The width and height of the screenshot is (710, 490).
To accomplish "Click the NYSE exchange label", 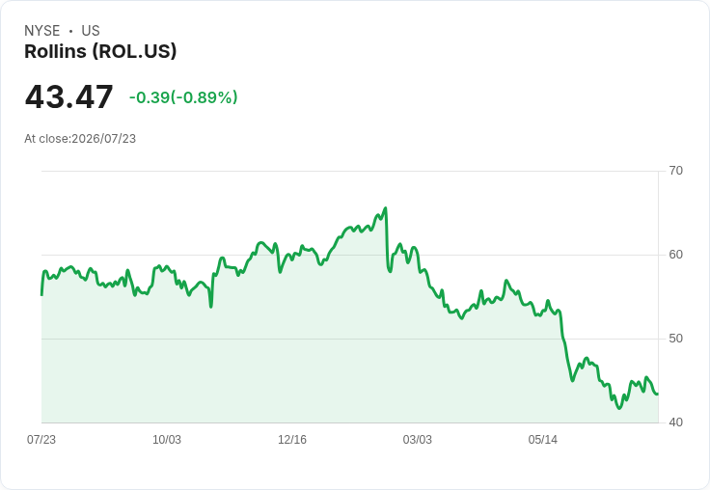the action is [x=42, y=31].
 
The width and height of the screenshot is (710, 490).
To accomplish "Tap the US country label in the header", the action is [x=91, y=31].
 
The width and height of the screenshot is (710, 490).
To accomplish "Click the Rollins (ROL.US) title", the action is [x=100, y=52].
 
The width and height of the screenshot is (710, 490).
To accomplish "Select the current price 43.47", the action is [x=68, y=96].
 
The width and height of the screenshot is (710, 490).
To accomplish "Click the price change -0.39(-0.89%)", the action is [x=183, y=97].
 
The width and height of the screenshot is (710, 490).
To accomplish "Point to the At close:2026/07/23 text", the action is [x=80, y=139].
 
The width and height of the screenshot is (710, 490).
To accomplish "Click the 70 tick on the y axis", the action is [x=675, y=171].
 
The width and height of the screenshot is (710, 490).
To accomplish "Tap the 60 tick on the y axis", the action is [x=675, y=255].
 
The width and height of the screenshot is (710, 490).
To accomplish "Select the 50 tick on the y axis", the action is [x=675, y=339].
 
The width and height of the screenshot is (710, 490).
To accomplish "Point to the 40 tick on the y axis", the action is [x=675, y=422].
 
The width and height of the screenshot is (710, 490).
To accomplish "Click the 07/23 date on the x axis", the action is [x=41, y=440].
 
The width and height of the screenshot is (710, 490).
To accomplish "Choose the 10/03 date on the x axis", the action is [x=167, y=440].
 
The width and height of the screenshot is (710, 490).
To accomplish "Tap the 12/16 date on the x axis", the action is [x=292, y=440].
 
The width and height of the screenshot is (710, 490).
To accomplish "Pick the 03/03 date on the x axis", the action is [x=418, y=440].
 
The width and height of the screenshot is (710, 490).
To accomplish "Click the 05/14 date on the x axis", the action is [x=542, y=440].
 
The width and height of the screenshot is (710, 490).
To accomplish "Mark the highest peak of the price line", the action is [x=385, y=208].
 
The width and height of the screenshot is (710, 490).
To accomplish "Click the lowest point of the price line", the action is [x=619, y=408].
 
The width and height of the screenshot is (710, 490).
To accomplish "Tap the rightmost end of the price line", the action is [x=658, y=394].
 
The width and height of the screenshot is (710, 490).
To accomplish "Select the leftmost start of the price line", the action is [x=41, y=295].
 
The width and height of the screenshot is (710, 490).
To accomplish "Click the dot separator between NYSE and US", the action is [x=70, y=31].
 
